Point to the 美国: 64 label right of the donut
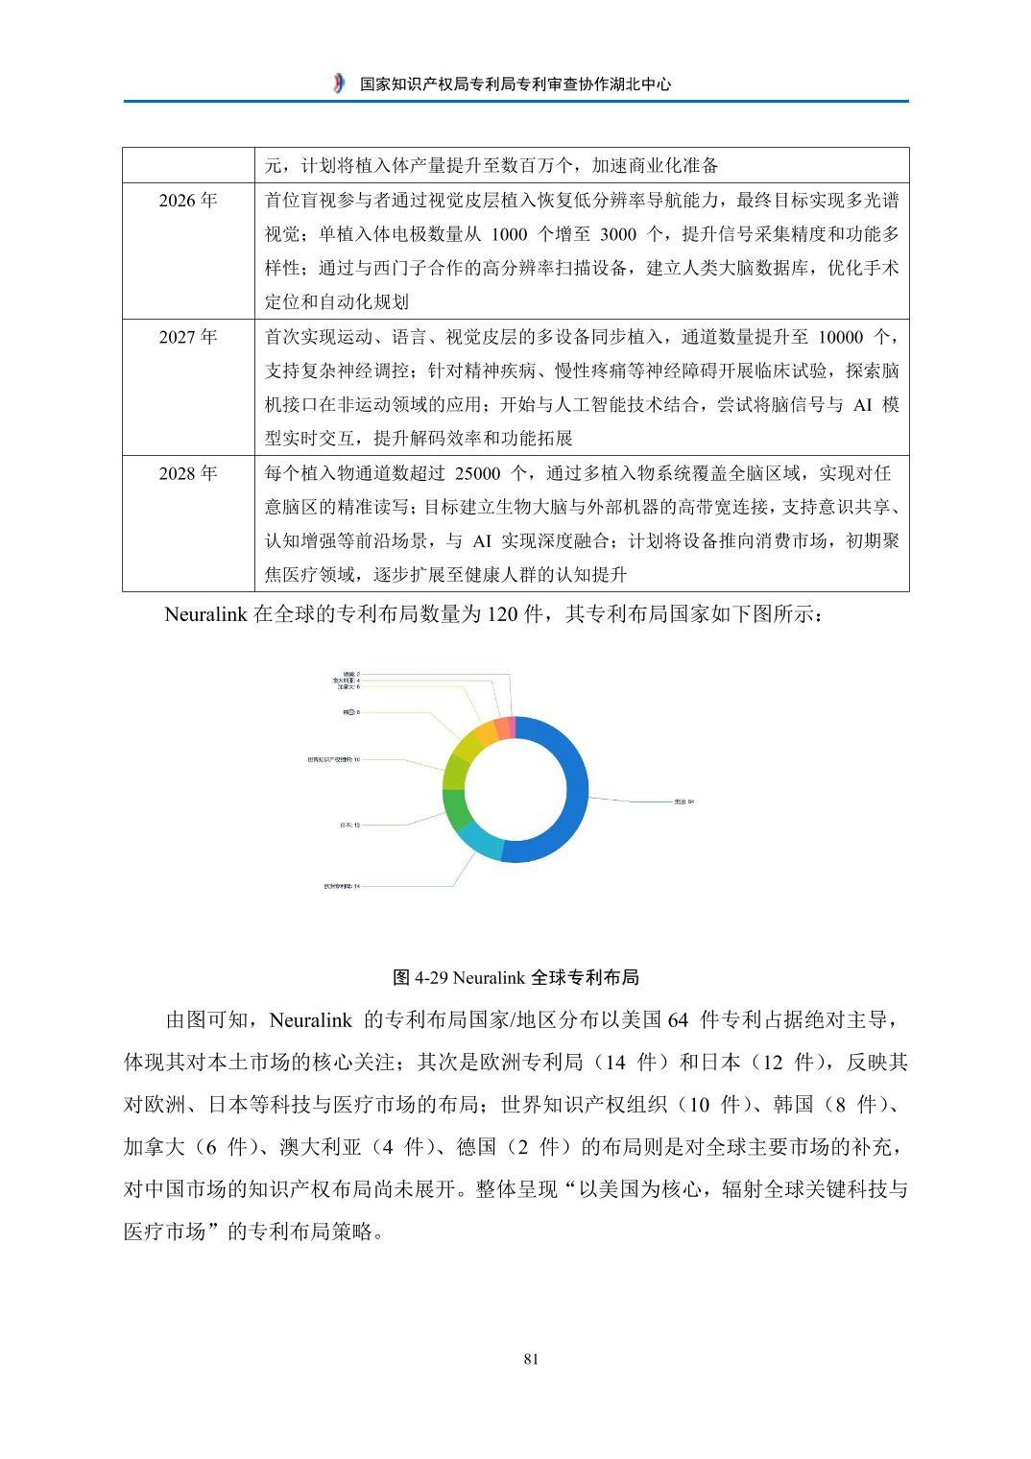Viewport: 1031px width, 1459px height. (x=683, y=801)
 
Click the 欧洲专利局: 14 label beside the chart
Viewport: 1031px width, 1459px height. (x=342, y=886)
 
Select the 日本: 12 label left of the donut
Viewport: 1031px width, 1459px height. (x=349, y=825)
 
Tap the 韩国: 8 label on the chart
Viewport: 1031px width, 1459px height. (x=351, y=712)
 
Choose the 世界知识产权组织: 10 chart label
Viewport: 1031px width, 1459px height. (x=333, y=759)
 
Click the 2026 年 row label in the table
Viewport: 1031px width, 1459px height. (x=188, y=200)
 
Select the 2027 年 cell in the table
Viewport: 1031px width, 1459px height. (x=188, y=337)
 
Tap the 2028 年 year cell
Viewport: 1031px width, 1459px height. (x=188, y=473)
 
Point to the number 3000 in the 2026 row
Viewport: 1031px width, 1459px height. (x=618, y=234)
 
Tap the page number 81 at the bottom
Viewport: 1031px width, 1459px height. (x=532, y=1358)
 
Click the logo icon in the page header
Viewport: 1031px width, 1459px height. (x=338, y=84)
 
